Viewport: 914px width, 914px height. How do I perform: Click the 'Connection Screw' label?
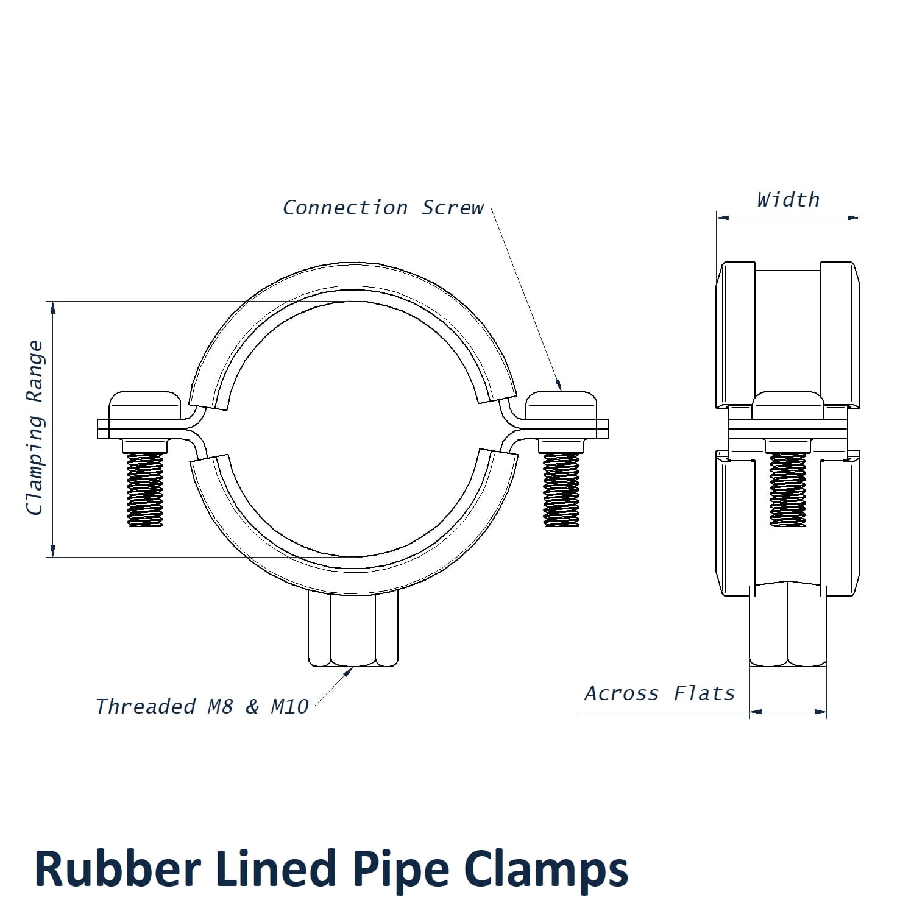click(x=383, y=208)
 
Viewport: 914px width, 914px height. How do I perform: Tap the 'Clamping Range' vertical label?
click(x=35, y=428)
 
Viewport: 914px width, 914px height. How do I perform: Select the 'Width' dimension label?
click(x=788, y=200)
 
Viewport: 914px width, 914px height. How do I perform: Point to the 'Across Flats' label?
click(x=659, y=693)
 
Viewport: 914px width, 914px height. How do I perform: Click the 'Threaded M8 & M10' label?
click(x=202, y=707)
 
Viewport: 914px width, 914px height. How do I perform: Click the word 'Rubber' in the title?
click(x=117, y=869)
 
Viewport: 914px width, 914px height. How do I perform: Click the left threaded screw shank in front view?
click(x=145, y=489)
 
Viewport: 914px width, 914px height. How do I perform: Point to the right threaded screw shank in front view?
click(x=561, y=489)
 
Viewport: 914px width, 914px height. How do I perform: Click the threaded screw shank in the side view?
click(x=788, y=489)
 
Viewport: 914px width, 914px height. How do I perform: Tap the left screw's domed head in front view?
click(x=145, y=405)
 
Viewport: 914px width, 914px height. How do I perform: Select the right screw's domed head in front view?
click(x=561, y=405)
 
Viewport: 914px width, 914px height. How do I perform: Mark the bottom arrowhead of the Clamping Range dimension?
click(x=53, y=551)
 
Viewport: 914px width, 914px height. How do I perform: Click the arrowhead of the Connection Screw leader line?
click(x=559, y=385)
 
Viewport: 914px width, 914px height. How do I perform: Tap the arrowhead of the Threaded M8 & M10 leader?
click(x=349, y=671)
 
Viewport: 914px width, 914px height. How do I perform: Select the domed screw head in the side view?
click(x=788, y=405)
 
